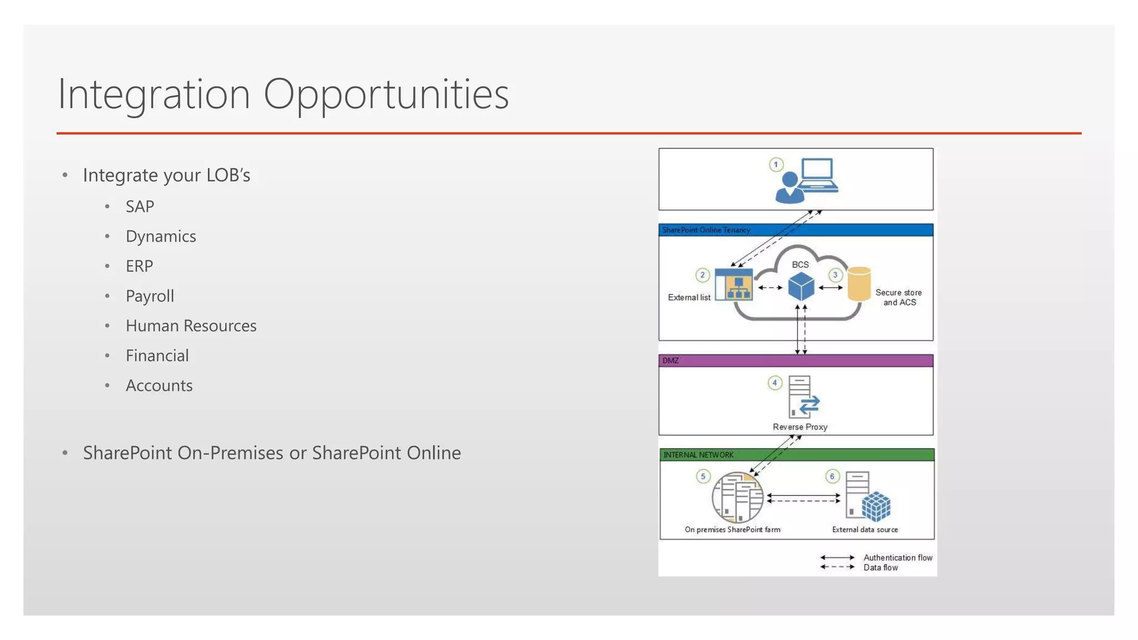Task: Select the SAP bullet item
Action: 139,207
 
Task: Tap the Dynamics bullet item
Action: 161,237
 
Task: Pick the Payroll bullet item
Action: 149,296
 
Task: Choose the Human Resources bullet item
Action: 191,326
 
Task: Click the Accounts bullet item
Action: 159,386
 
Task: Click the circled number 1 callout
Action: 776,164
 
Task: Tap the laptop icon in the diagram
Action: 819,175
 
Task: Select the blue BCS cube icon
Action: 801,287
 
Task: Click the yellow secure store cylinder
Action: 859,284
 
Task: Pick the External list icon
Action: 734,284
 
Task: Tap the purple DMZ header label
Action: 671,361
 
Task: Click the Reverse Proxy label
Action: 800,427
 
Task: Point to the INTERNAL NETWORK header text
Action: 698,455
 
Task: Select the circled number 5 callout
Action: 703,477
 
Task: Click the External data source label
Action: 865,529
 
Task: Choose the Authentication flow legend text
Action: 897,557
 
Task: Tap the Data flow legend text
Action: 880,567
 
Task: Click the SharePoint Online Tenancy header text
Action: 706,230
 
